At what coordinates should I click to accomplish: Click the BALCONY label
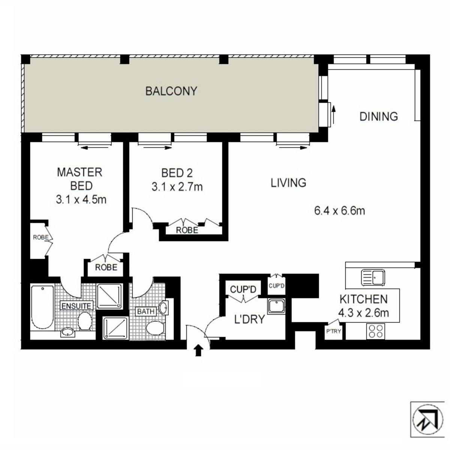[x=171, y=91]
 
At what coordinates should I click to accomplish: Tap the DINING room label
[x=378, y=116]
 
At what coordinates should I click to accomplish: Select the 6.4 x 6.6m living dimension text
[x=339, y=211]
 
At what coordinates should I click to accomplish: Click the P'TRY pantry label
[x=333, y=331]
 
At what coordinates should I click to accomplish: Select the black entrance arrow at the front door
[x=198, y=351]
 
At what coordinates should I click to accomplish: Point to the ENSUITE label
[x=76, y=306]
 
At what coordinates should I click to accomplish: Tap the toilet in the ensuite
[x=85, y=322]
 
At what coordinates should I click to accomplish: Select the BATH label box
[x=145, y=311]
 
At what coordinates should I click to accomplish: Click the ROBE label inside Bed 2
[x=187, y=230]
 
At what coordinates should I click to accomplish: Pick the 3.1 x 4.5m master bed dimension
[x=81, y=199]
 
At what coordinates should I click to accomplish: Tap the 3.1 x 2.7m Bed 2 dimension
[x=177, y=186]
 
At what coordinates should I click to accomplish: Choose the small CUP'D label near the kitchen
[x=277, y=286]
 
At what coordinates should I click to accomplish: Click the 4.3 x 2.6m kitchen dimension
[x=363, y=312]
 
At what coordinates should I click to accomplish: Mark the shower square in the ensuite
[x=109, y=296]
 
